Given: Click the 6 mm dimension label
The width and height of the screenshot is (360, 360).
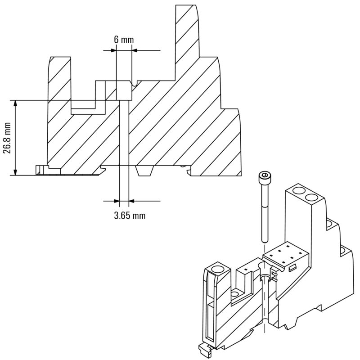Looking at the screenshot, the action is (x=124, y=40).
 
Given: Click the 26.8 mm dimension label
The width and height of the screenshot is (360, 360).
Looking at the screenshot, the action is (x=8, y=138).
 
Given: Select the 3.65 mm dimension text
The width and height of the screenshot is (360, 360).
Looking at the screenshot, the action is (x=130, y=216).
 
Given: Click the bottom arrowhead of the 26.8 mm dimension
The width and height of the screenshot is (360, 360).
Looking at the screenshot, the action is (x=15, y=172).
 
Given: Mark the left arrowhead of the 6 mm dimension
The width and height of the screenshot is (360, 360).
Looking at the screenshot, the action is (x=114, y=50).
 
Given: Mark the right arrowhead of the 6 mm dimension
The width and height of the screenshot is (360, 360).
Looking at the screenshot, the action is (x=135, y=50).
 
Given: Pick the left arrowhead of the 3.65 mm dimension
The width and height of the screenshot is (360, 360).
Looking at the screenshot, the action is (x=117, y=201).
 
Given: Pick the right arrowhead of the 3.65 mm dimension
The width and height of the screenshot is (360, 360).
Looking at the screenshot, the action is (x=131, y=201).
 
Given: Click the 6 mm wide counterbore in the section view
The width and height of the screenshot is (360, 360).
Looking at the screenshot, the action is (x=124, y=90).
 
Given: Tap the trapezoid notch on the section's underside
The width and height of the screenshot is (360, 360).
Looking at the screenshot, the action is (x=144, y=171).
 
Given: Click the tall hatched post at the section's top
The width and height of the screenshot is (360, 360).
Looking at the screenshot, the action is (x=187, y=34).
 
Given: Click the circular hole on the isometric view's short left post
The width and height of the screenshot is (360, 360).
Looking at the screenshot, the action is (x=218, y=269).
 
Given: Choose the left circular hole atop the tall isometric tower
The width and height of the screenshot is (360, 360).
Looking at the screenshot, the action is (x=298, y=190).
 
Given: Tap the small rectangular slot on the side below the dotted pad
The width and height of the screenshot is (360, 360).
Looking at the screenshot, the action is (x=292, y=268).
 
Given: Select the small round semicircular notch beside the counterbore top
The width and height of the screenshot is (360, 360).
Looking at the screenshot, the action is (x=135, y=84).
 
